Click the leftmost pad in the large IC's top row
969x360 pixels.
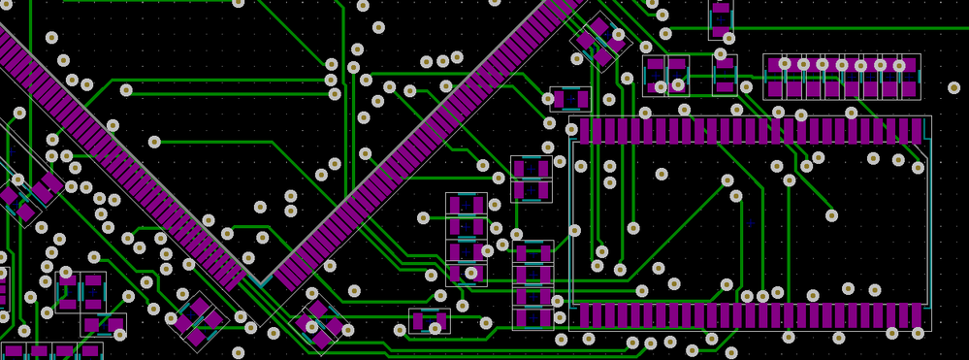584,130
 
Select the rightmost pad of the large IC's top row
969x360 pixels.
917,130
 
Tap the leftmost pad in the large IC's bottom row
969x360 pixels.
584,315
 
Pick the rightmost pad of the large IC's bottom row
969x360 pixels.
917,315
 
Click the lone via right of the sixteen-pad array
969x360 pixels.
953,87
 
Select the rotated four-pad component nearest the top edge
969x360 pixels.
599,40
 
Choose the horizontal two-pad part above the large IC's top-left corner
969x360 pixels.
570,99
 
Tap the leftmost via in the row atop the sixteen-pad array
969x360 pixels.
785,64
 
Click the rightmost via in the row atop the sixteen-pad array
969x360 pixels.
899,65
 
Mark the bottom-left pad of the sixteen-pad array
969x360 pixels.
774,89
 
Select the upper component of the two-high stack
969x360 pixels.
531,168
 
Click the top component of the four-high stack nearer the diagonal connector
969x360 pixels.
466,205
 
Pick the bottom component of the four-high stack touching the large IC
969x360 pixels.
533,317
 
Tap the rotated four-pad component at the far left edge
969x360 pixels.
21,199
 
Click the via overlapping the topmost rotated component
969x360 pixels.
618,35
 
